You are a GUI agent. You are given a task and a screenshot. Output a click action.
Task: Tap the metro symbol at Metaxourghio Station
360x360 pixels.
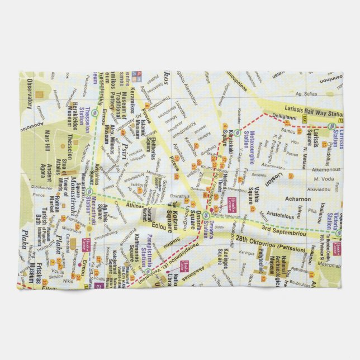click(238, 132)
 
